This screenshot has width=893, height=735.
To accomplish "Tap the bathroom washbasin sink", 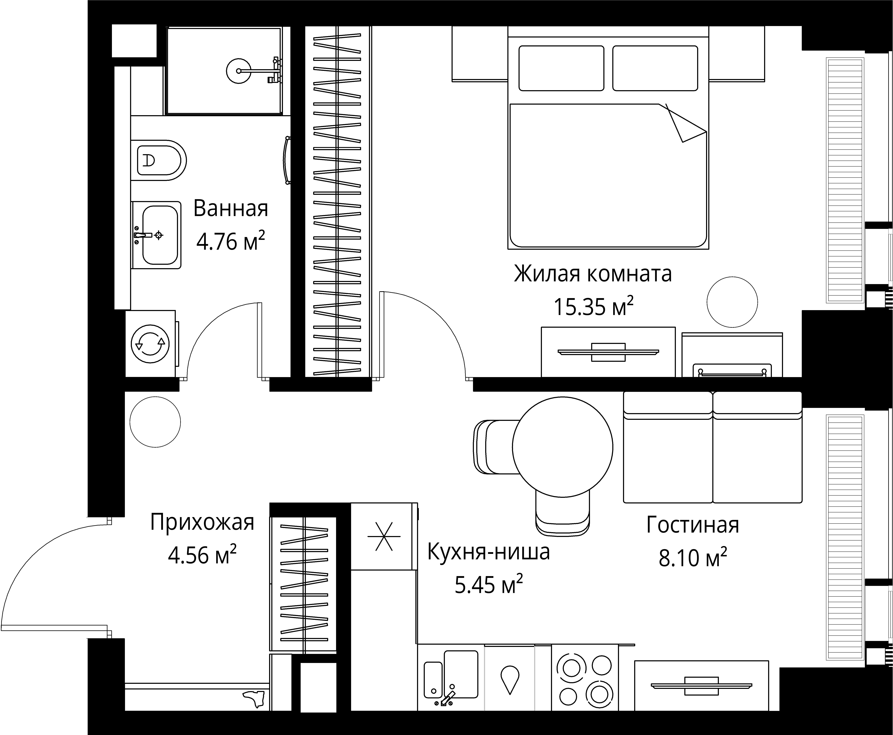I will click(160, 235).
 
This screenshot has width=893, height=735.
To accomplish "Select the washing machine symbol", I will click(150, 344).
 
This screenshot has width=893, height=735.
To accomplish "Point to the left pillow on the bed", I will click(561, 68).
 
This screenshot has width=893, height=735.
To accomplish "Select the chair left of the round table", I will click(493, 447).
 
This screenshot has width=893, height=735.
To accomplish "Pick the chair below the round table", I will click(562, 514).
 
